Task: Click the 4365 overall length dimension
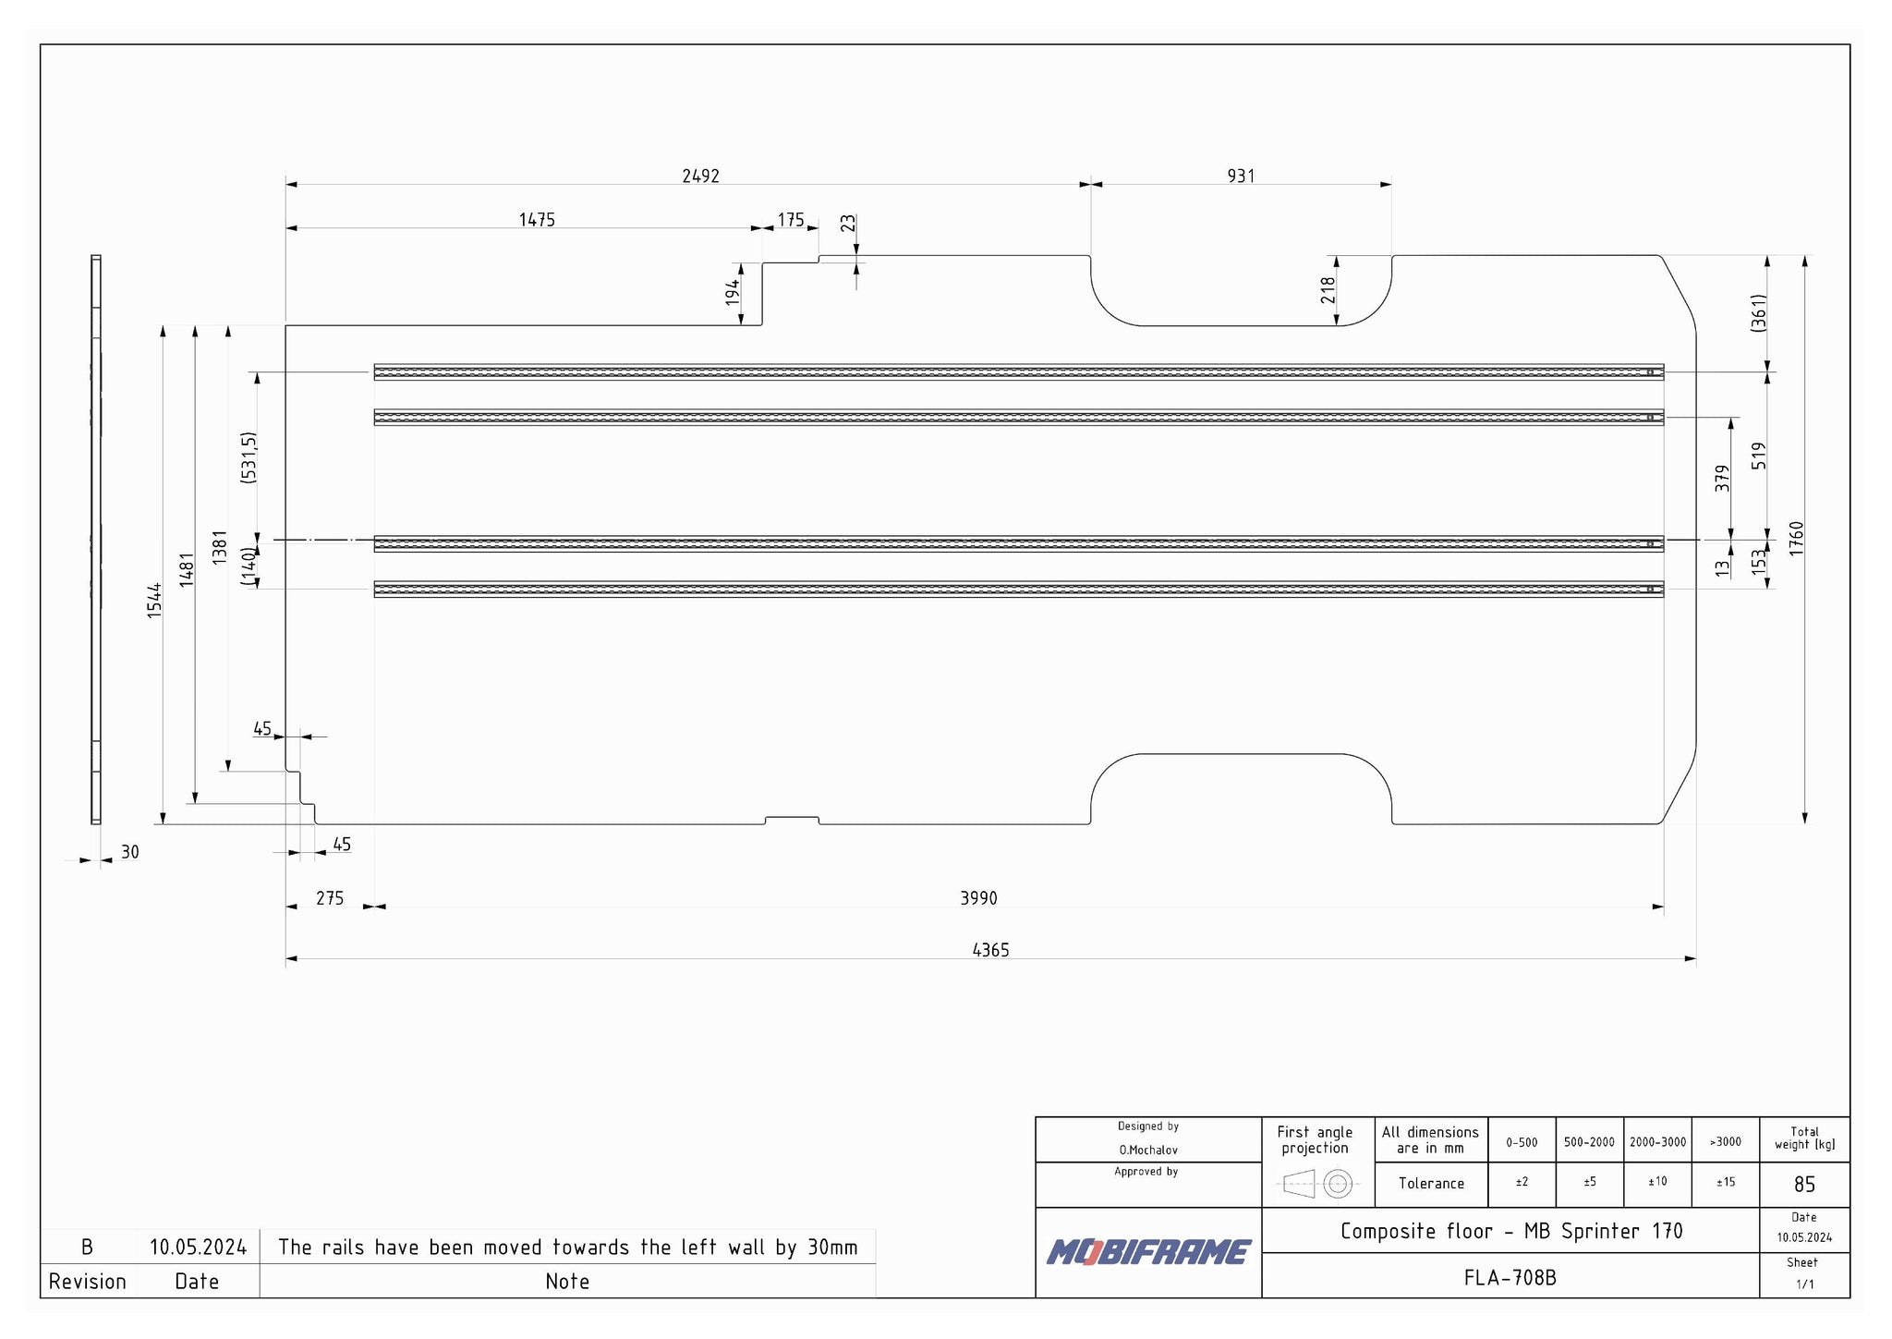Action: tap(990, 950)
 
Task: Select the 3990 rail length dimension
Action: tap(978, 898)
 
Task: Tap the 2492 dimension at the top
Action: tap(700, 176)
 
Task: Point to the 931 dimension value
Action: tap(1241, 176)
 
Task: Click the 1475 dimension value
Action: tap(537, 220)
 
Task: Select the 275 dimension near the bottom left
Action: tap(330, 898)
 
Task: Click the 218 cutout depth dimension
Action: tap(1328, 290)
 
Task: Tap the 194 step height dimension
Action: tap(733, 293)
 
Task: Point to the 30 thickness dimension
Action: tap(130, 852)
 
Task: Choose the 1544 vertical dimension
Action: tap(154, 601)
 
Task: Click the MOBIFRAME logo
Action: tap(1148, 1252)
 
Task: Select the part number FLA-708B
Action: tap(1510, 1277)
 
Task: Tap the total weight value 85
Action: tap(1804, 1184)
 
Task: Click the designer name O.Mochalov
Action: tap(1148, 1150)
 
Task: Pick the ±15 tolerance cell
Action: tap(1725, 1182)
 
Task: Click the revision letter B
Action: tap(87, 1248)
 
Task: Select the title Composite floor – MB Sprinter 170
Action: tap(1511, 1231)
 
